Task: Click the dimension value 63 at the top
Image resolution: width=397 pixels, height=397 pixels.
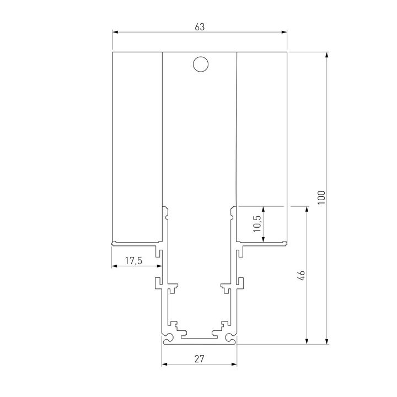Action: coord(200,26)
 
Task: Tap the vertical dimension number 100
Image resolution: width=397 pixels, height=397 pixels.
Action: coord(322,197)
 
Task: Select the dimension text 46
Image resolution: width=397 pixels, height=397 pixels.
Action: coord(301,276)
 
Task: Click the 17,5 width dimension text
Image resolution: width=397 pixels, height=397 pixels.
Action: coord(132,261)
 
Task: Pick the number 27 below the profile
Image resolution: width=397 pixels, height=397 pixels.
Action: coord(200,359)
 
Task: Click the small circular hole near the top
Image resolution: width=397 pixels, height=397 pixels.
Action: coord(200,65)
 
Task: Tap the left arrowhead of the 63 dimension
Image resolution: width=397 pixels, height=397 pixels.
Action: coord(115,32)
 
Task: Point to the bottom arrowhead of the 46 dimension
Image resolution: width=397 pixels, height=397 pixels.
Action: coord(307,341)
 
